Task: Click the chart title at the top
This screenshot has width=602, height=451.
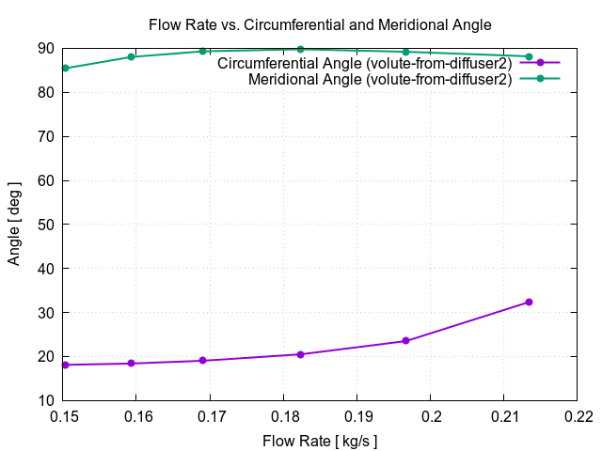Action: (x=320, y=23)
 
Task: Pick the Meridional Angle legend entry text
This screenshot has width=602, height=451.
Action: (x=380, y=80)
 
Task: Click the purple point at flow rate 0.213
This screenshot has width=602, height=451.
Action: (x=529, y=302)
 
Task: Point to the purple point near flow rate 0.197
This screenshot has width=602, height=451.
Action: (x=405, y=340)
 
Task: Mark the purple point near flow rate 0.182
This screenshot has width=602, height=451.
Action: (x=300, y=354)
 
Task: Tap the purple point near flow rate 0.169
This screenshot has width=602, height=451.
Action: (x=202, y=360)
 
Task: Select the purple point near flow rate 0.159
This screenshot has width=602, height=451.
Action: (x=131, y=363)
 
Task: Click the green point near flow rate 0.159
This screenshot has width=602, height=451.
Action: (x=131, y=57)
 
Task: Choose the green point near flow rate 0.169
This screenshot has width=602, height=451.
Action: (x=202, y=51)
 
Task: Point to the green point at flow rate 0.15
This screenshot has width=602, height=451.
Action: (x=65, y=68)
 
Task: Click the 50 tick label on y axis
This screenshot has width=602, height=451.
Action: (x=44, y=225)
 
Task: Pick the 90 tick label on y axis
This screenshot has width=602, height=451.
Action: (x=44, y=49)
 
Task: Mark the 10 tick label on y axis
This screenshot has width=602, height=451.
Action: (x=44, y=400)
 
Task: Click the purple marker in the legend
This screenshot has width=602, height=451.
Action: (x=540, y=63)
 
